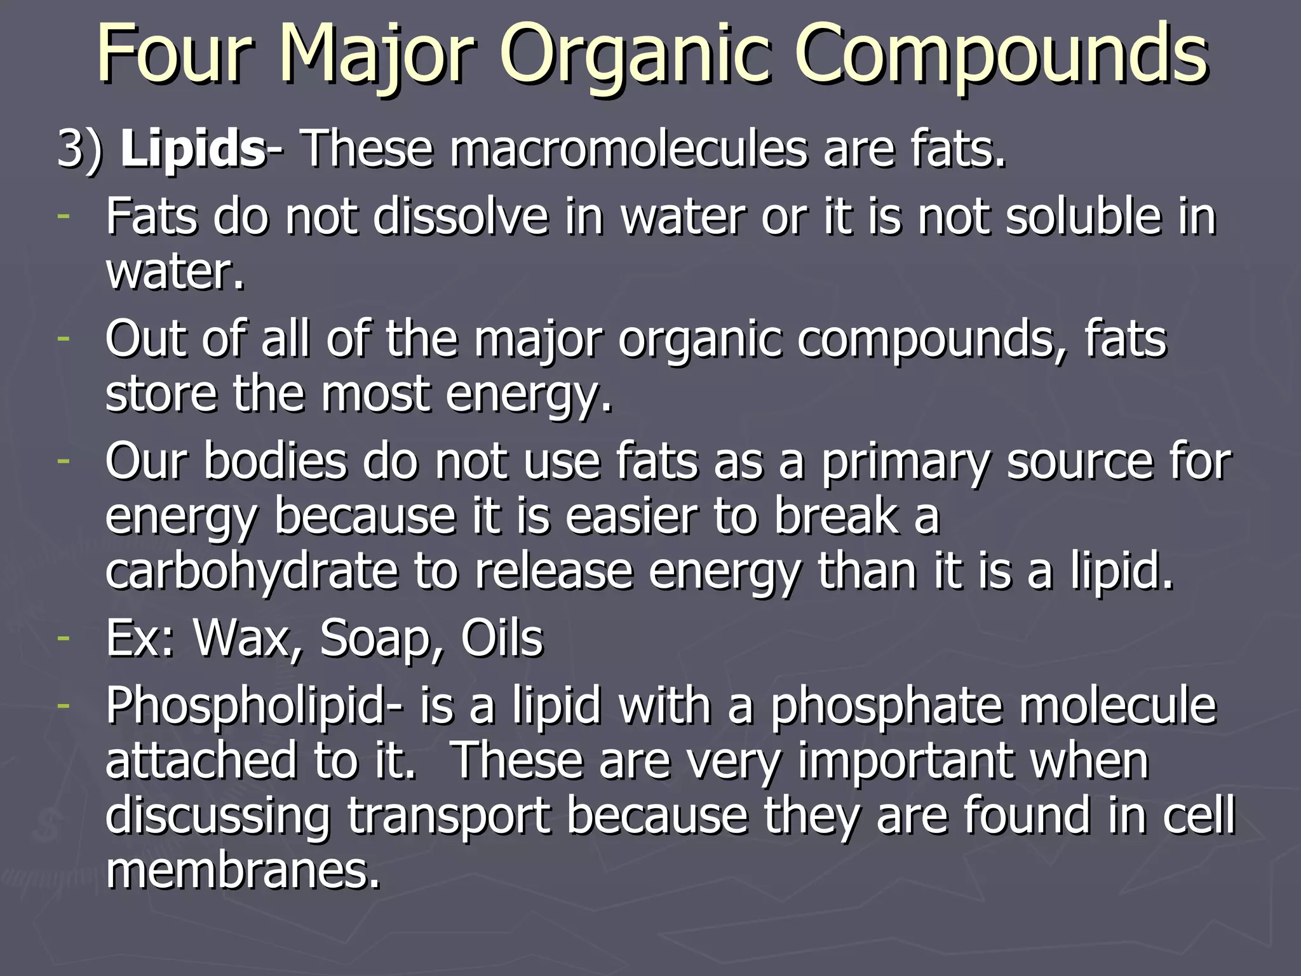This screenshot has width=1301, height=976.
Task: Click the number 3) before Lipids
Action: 79,150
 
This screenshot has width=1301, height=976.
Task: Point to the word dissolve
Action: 461,217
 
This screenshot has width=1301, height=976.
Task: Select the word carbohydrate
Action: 251,571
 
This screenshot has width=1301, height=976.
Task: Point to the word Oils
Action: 502,638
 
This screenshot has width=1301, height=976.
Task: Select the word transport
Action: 448,817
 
